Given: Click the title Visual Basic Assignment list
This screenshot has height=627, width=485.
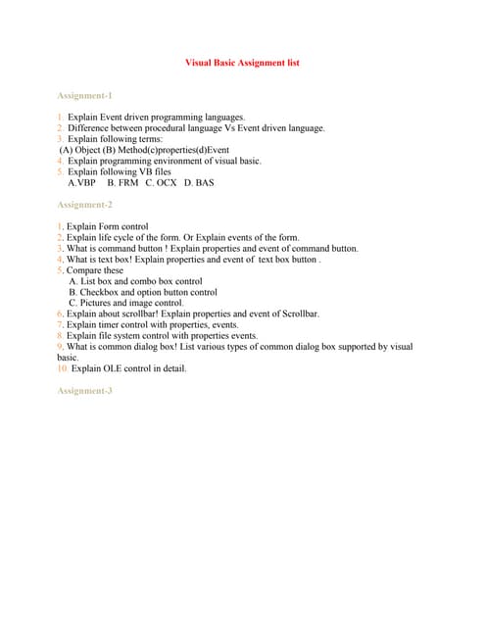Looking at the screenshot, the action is coord(242,63).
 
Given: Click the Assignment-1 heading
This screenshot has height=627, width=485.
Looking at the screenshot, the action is coord(85,95).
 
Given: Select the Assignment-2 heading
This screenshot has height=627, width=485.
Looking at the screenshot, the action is coord(85,205).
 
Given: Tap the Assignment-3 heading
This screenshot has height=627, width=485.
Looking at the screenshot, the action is coord(85,391).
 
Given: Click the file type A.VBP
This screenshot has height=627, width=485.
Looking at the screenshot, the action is coord(82,183).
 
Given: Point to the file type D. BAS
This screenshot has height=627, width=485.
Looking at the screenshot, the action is coord(199,183).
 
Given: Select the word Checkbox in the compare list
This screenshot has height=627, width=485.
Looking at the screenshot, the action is coord(99,292).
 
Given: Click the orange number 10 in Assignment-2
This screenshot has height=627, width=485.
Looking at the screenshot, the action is coord(63,369).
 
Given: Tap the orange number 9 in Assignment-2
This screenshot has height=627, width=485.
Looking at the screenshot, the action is coord(60,347).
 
